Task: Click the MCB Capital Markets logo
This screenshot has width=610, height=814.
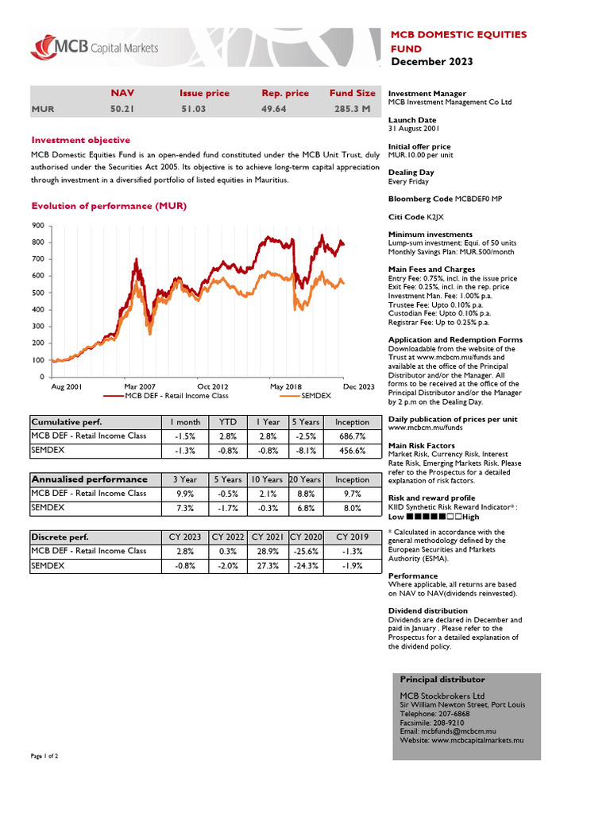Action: [95, 48]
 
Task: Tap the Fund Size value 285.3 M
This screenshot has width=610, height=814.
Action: [352, 108]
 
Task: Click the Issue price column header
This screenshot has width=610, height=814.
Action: [204, 93]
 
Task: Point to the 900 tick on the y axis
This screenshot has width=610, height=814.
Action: [38, 226]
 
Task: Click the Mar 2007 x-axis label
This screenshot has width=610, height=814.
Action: [140, 386]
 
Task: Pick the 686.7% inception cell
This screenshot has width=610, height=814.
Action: [352, 436]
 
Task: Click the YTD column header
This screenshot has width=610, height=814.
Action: [228, 422]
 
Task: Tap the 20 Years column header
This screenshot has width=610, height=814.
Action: [305, 479]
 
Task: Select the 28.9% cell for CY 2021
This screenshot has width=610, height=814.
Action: [268, 551]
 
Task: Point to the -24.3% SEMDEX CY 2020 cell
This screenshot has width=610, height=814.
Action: [305, 566]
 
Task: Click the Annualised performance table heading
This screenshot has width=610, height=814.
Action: [89, 479]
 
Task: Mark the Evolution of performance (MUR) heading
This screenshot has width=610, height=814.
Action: [109, 207]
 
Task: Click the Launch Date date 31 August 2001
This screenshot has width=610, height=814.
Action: [413, 129]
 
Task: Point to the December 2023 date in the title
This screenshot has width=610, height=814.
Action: [431, 62]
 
